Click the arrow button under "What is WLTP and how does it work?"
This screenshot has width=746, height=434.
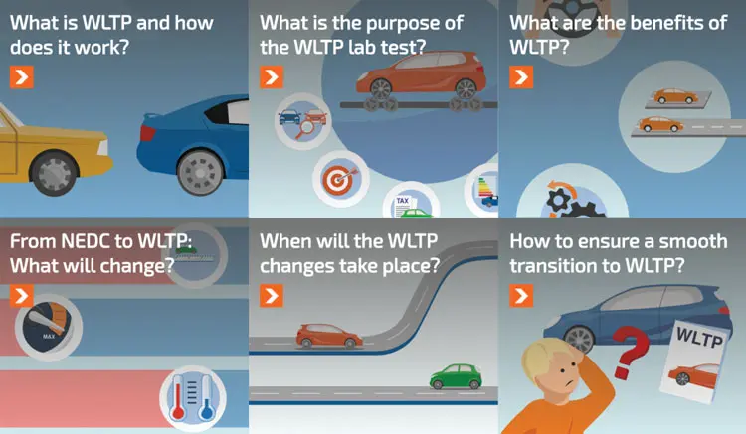click(x=22, y=76)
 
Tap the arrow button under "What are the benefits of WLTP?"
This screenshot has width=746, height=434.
click(x=521, y=76)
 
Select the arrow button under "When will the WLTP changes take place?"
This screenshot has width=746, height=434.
click(x=272, y=295)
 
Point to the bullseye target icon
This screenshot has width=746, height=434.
click(x=340, y=179)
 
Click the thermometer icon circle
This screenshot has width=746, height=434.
click(x=193, y=398)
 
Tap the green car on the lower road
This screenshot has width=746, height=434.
click(x=456, y=376)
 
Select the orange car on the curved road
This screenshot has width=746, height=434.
click(x=329, y=336)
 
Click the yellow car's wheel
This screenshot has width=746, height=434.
click(x=54, y=174)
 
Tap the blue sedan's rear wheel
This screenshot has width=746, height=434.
click(x=200, y=172)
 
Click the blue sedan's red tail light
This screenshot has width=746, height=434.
click(x=147, y=133)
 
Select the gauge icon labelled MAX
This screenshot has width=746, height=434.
click(x=48, y=328)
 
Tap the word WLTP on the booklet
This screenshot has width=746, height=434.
click(x=699, y=337)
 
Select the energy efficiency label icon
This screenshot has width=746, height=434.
click(x=485, y=191)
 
